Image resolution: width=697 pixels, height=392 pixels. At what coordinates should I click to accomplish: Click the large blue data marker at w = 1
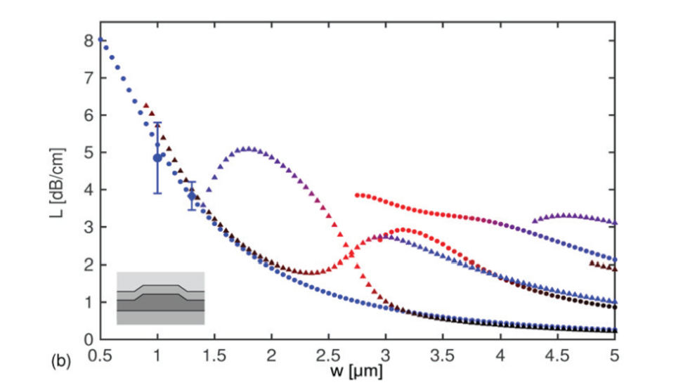(157, 157)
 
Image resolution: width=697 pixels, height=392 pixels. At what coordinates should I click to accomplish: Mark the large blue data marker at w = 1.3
(192, 196)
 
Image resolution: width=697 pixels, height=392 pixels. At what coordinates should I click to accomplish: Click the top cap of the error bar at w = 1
(157, 123)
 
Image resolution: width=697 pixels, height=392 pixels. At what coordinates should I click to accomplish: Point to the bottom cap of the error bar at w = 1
(157, 193)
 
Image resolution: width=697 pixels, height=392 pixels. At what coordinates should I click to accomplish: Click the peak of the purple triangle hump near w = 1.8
(248, 149)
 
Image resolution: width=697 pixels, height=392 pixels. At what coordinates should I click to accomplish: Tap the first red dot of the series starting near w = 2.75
(358, 195)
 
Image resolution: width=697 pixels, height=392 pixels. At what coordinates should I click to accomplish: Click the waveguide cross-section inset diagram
(160, 298)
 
